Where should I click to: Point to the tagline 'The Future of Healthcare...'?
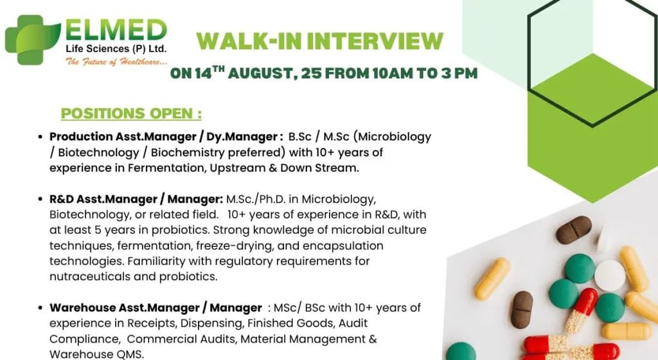[x=116, y=62]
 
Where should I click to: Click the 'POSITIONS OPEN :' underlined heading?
[x=131, y=114]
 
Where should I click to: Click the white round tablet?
[x=609, y=276]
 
